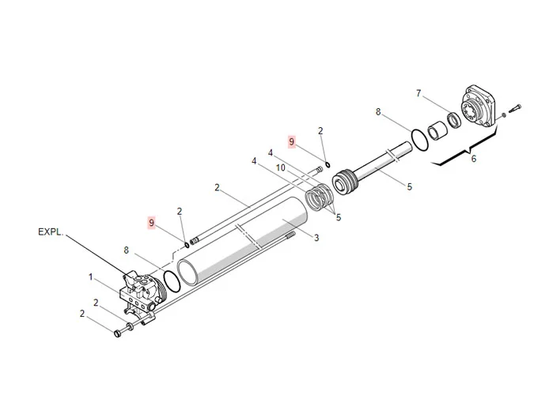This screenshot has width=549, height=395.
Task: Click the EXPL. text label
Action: tap(51, 233)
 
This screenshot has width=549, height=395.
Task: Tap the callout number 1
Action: tap(91, 276)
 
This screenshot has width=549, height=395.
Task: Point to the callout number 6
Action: tap(473, 159)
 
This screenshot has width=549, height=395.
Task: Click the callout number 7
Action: tap(418, 93)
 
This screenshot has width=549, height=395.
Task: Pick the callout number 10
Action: tap(280, 168)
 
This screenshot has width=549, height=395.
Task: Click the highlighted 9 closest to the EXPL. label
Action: tap(151, 224)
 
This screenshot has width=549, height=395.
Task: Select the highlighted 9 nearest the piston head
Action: tap(292, 141)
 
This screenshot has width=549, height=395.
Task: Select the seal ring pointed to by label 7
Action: tap(456, 121)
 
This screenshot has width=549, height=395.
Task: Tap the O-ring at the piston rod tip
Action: tap(421, 139)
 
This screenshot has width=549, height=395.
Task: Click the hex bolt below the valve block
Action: tap(121, 333)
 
